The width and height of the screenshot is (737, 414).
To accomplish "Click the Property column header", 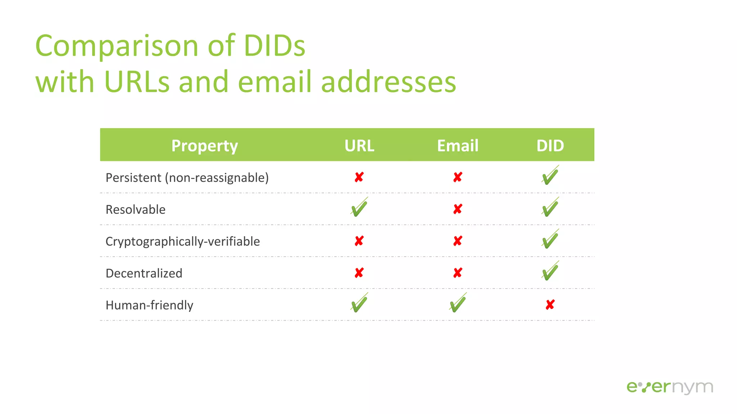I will pos(204,146).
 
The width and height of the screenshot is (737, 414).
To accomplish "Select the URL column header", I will pos(359,146).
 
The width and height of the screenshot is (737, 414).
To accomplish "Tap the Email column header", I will pos(457,146).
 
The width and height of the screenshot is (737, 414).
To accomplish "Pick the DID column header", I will pos(550,146).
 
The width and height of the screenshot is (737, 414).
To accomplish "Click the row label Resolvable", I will pos(135,210).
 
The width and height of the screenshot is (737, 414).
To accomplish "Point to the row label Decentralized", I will pos(144,273).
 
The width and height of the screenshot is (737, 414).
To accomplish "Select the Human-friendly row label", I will pos(149,305).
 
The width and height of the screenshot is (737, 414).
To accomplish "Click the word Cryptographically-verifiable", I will pos(182,241).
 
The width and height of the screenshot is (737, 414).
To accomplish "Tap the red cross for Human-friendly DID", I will pos(550,305).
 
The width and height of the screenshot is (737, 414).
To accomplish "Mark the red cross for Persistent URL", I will pos(359,177).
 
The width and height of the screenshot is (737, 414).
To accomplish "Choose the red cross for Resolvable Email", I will pos(457,209).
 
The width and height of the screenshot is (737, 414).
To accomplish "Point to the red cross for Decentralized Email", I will pos(457,273).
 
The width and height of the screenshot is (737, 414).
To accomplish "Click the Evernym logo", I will pos(669,387).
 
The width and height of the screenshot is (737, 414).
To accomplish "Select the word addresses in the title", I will pos(388,82).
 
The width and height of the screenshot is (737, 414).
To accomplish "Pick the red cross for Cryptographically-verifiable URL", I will pos(359,241).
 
